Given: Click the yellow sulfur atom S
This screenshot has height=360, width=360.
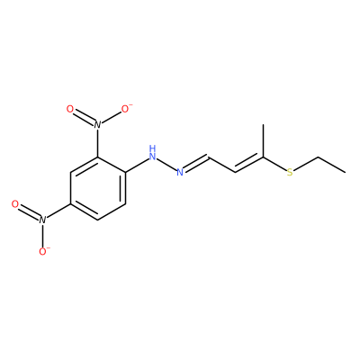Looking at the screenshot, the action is point(290,173).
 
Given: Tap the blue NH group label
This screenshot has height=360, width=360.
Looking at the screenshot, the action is point(152,152).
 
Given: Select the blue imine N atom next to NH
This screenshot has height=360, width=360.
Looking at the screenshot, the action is point(180,172).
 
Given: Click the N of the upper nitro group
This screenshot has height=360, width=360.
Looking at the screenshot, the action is point(97,124).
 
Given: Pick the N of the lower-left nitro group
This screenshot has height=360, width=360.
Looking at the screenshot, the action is point(42,220).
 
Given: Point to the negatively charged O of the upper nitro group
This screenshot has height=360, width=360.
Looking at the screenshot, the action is point(126,109).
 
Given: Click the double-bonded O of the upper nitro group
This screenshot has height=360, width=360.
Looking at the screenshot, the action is point(69,109).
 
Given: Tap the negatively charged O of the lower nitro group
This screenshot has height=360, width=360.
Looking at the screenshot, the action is point(43,251).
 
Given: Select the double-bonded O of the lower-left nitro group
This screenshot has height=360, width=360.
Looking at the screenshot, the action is point(15,204).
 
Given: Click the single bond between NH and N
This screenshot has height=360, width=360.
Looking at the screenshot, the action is point(166,165).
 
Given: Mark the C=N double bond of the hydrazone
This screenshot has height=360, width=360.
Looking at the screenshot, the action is point(195,164).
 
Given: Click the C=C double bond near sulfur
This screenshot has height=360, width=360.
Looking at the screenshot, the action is point(249,165).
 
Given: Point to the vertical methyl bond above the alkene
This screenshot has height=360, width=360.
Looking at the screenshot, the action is point(263,140).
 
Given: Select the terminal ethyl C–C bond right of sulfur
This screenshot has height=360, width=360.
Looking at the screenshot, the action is point(331,165).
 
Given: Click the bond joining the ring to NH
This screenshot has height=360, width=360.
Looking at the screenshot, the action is point(137,165).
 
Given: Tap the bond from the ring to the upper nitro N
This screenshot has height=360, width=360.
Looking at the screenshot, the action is point(97,143).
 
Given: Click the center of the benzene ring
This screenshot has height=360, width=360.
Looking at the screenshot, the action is point(97,188).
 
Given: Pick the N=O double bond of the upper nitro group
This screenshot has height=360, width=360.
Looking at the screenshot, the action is point(84,117).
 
